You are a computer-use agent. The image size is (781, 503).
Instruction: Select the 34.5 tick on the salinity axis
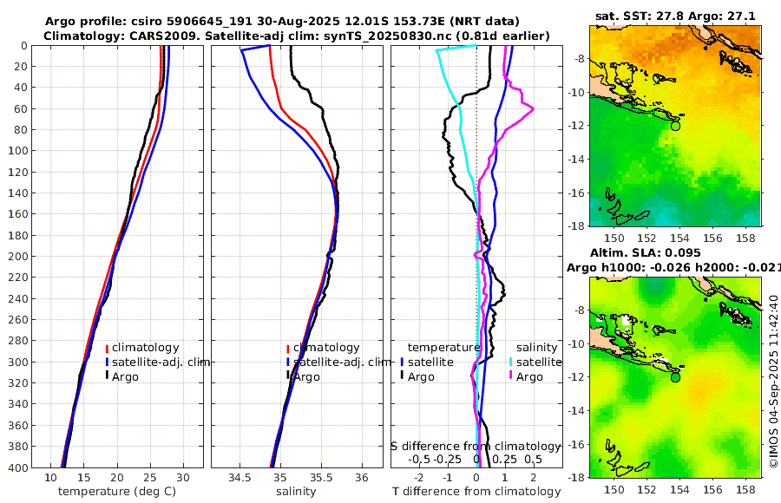(240, 477)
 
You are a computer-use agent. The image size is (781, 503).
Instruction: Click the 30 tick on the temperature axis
(182, 477)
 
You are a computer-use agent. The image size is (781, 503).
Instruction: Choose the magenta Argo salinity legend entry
(529, 376)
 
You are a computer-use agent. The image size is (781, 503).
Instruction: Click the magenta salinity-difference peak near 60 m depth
(532, 108)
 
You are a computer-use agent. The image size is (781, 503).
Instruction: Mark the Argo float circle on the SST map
(675, 125)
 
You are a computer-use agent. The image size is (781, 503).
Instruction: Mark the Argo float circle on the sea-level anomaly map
(675, 377)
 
